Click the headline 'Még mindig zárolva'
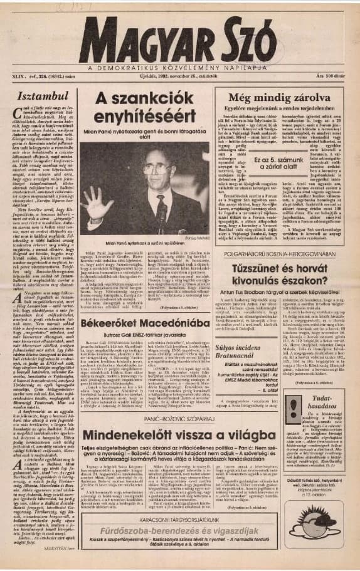[278, 97]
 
